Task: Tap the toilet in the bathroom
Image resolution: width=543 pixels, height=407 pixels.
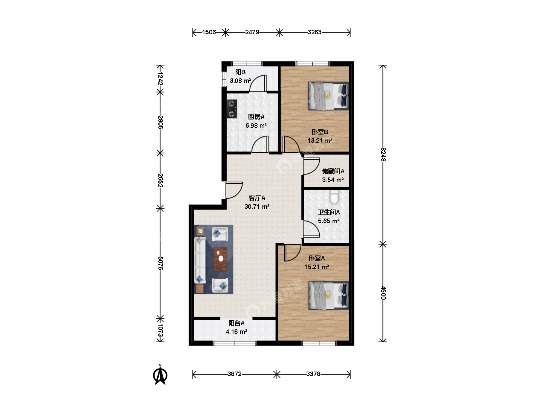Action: point(334,197)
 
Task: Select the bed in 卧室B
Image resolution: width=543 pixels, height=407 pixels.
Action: point(328,96)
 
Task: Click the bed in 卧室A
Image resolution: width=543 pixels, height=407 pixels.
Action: point(328,295)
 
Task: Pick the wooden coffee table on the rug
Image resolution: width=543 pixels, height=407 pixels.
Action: point(220,259)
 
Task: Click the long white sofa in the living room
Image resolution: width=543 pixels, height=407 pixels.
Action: point(200,260)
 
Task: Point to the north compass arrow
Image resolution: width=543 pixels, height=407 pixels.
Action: point(160,375)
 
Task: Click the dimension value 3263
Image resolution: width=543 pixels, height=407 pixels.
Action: point(314,32)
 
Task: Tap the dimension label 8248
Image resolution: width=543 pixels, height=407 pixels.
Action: point(383,155)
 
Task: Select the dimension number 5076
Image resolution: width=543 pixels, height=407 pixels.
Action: point(160,263)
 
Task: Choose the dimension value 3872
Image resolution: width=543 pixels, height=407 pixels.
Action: point(235,374)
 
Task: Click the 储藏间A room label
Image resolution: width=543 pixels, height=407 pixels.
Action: point(333,171)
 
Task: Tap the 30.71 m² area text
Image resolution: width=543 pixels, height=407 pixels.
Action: point(257,207)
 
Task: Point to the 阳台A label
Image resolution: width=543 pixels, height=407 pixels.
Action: point(236,323)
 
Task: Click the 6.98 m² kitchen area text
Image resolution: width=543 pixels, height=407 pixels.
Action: point(256,125)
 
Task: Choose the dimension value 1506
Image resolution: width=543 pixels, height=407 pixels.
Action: point(209,32)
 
